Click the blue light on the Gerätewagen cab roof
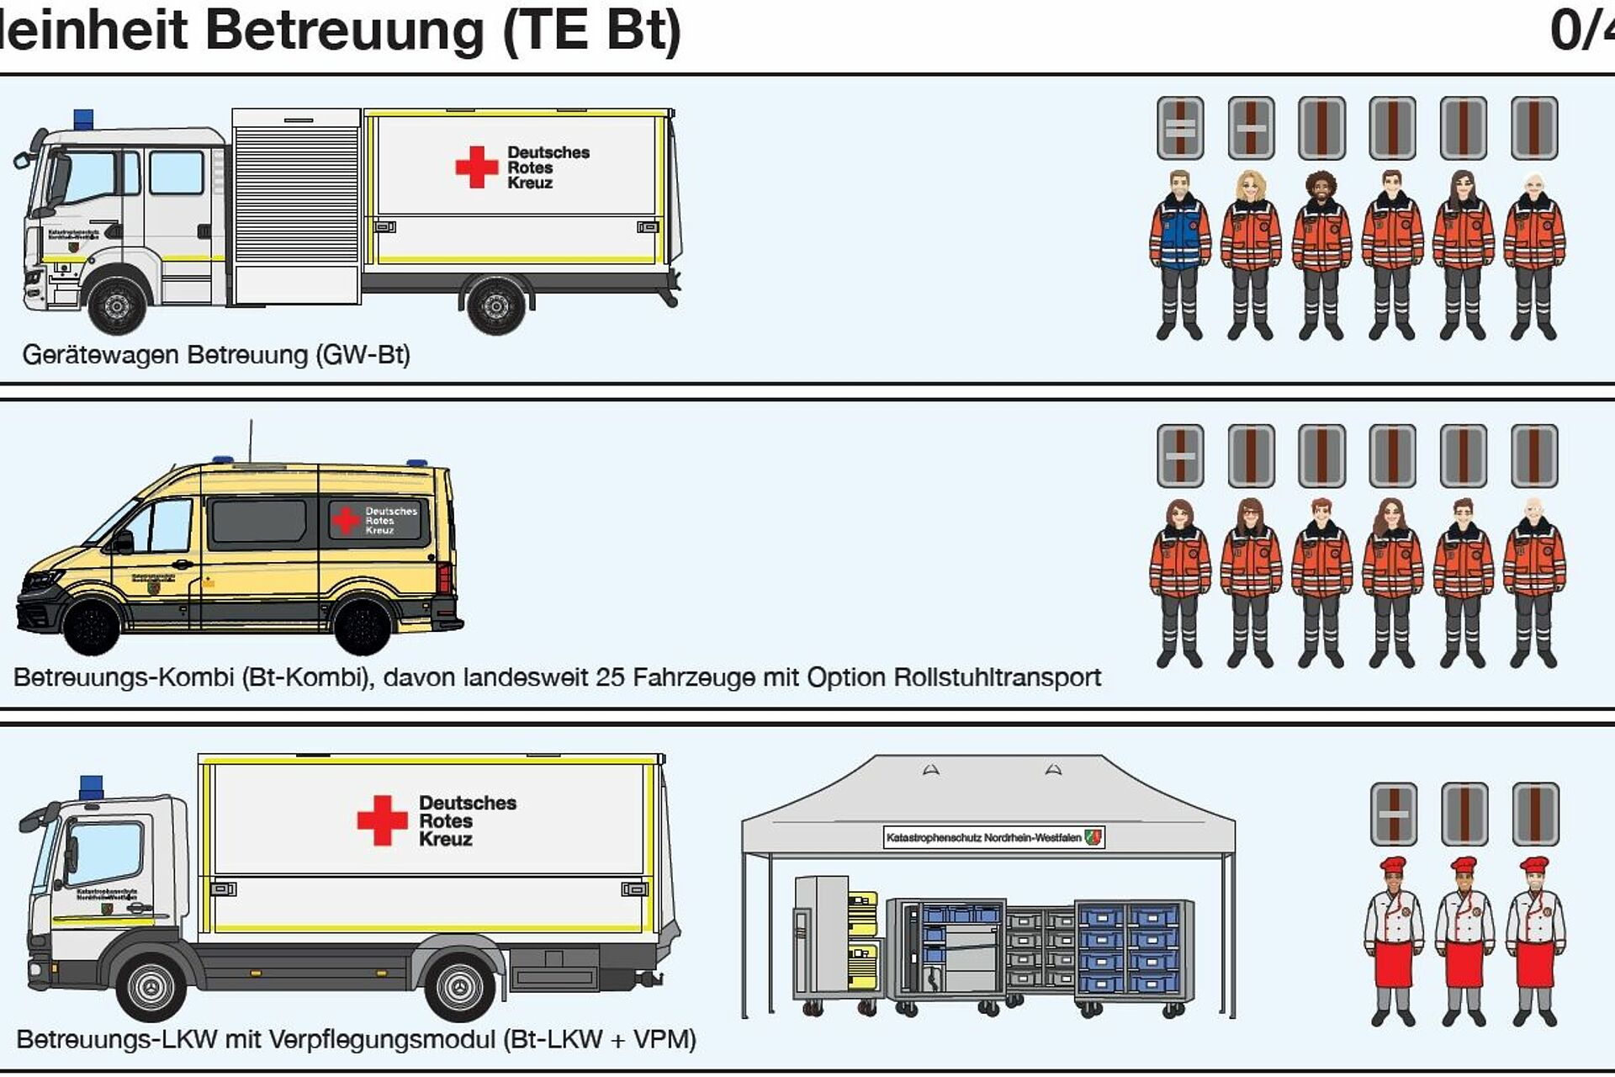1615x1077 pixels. coord(83,119)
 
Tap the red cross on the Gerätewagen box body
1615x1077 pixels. coord(476,167)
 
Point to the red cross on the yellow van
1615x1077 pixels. coord(346,520)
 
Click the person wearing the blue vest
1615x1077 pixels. coord(1179,252)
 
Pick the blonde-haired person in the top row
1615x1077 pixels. coord(1251,252)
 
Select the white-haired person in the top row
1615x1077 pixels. coord(1534,252)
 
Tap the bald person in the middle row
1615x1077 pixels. coord(1534,581)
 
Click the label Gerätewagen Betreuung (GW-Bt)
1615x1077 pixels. coord(216,354)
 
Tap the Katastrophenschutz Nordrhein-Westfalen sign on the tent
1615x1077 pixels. coord(993,837)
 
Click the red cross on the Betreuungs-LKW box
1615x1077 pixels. coord(382,820)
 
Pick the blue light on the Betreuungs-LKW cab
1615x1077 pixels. coord(91,788)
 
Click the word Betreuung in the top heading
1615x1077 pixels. coord(345,30)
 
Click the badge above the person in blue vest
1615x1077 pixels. coord(1180,128)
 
